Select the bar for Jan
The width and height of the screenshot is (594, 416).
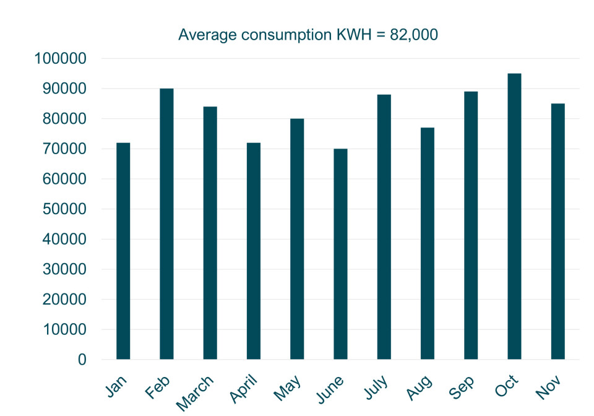tap(123, 251)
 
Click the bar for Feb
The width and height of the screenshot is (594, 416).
tap(166, 223)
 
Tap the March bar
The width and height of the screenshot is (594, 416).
tap(210, 233)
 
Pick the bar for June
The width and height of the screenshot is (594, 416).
tap(340, 254)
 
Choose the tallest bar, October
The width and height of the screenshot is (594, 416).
tap(514, 216)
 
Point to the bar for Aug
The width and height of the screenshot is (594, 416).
tap(428, 243)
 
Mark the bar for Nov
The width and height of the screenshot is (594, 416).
tap(557, 231)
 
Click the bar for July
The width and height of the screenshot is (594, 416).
tap(384, 227)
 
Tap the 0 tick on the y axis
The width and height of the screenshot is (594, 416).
tap(82, 360)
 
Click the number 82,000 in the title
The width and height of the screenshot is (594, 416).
tap(414, 35)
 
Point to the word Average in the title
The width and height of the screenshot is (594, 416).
tap(207, 35)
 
